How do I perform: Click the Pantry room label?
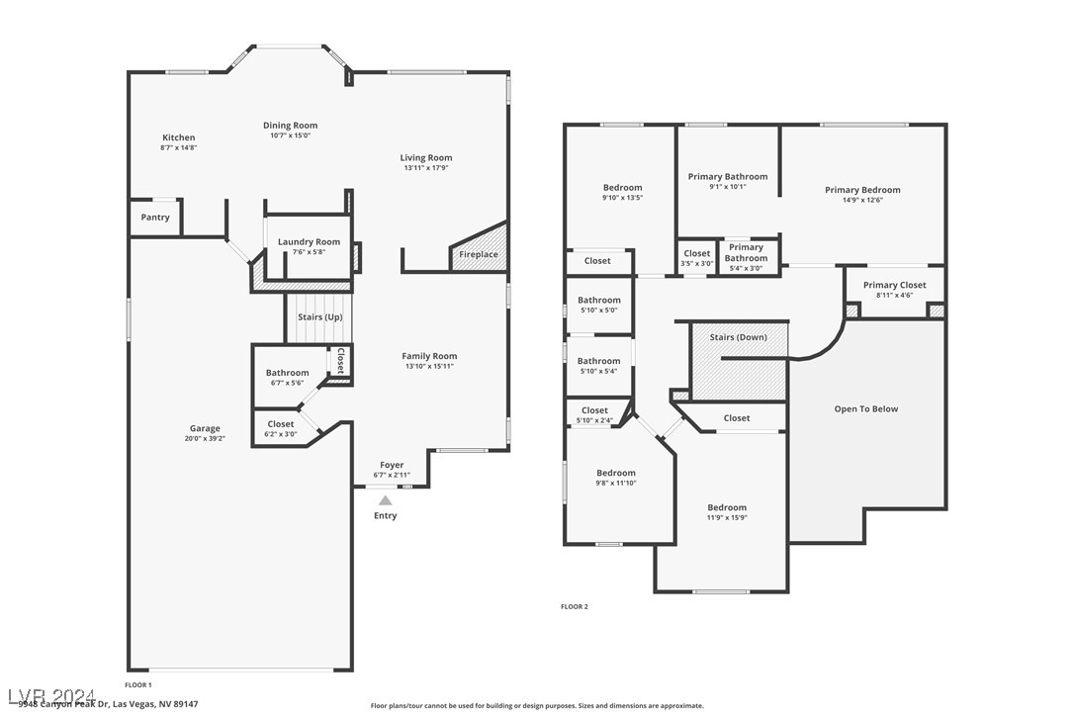click(155, 218)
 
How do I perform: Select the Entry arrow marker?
click(386, 501)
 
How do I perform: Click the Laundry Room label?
click(309, 242)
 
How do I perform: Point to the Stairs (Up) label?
click(319, 317)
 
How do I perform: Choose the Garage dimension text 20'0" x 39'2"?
click(205, 438)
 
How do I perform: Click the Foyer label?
click(392, 465)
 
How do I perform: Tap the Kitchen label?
click(179, 137)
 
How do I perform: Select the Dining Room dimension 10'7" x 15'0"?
click(291, 135)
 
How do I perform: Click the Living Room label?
click(426, 157)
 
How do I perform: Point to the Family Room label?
click(429, 356)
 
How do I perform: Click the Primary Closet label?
click(894, 286)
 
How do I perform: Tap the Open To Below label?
click(865, 408)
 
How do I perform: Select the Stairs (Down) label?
click(738, 337)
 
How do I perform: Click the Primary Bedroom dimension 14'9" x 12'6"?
click(862, 201)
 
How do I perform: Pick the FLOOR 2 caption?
click(575, 606)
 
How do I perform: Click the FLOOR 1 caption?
click(138, 684)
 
